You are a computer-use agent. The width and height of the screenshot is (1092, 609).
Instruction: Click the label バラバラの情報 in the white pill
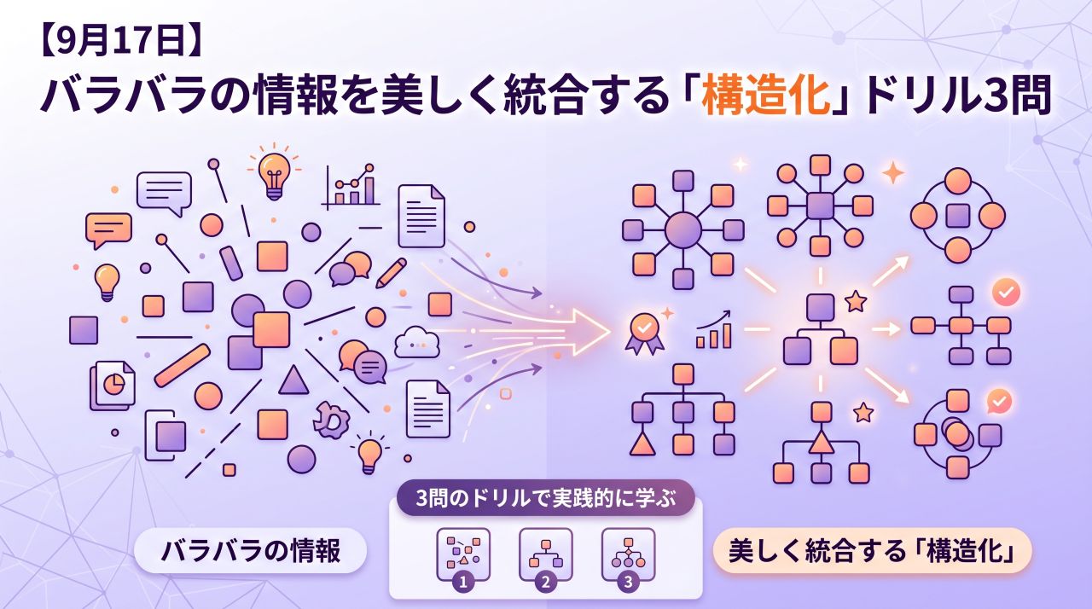click(251, 551)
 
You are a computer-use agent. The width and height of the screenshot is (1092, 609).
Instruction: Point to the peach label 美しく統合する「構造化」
click(872, 551)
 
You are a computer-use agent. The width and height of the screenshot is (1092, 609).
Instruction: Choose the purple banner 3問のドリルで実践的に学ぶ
click(545, 498)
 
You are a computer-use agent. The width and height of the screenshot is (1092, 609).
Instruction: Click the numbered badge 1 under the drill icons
click(463, 581)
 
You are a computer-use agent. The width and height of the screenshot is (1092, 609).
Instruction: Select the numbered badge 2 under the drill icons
click(545, 581)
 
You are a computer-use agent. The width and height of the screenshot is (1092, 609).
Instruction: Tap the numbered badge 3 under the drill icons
click(628, 581)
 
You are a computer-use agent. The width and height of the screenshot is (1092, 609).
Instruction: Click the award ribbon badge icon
click(644, 333)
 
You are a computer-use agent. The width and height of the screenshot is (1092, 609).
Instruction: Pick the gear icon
click(332, 419)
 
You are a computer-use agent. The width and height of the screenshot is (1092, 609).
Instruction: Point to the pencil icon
click(391, 272)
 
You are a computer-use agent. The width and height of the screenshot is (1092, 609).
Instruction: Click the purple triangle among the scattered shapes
click(293, 381)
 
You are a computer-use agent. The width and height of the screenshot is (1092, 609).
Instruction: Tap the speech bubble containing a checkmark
click(999, 402)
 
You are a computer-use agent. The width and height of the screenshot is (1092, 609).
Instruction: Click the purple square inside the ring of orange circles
click(958, 216)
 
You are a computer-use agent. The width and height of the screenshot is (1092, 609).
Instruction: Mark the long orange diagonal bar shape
click(183, 365)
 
